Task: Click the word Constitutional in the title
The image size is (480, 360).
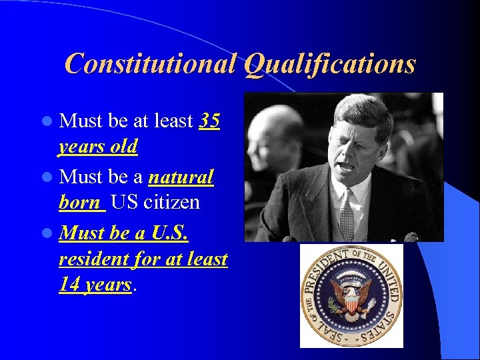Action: coord(151,64)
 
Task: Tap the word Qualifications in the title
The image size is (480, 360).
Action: coord(329,64)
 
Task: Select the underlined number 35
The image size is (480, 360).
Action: coord(210,121)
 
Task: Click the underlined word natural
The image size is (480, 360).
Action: coord(181,177)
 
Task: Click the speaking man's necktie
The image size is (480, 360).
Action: coord(346,213)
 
